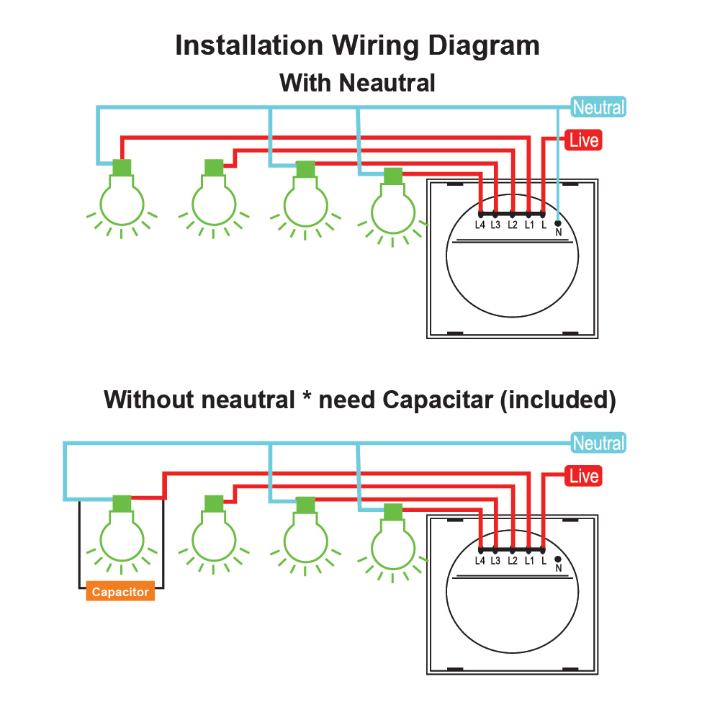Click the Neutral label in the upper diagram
[x=598, y=108]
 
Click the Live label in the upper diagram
[x=583, y=140]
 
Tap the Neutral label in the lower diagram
[x=598, y=444]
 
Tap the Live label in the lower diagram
[x=583, y=476]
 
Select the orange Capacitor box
[x=120, y=592]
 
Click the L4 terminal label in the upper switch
[x=480, y=225]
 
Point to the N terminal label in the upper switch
[x=558, y=233]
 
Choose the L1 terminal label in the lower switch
[x=529, y=560]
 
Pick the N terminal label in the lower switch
[x=558, y=568]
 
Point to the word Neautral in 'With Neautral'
[x=387, y=83]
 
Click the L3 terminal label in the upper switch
[x=495, y=225]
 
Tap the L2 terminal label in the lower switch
[x=513, y=560]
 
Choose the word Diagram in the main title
[x=483, y=45]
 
